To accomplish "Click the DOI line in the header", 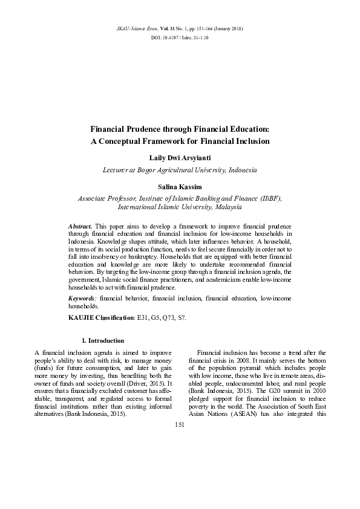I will (180, 37).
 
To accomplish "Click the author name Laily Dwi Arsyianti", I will (180, 158).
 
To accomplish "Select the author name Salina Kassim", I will (180, 187).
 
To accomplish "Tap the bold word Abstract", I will (79, 225).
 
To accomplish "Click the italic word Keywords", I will (82, 299).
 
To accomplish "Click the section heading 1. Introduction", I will (102, 340).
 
